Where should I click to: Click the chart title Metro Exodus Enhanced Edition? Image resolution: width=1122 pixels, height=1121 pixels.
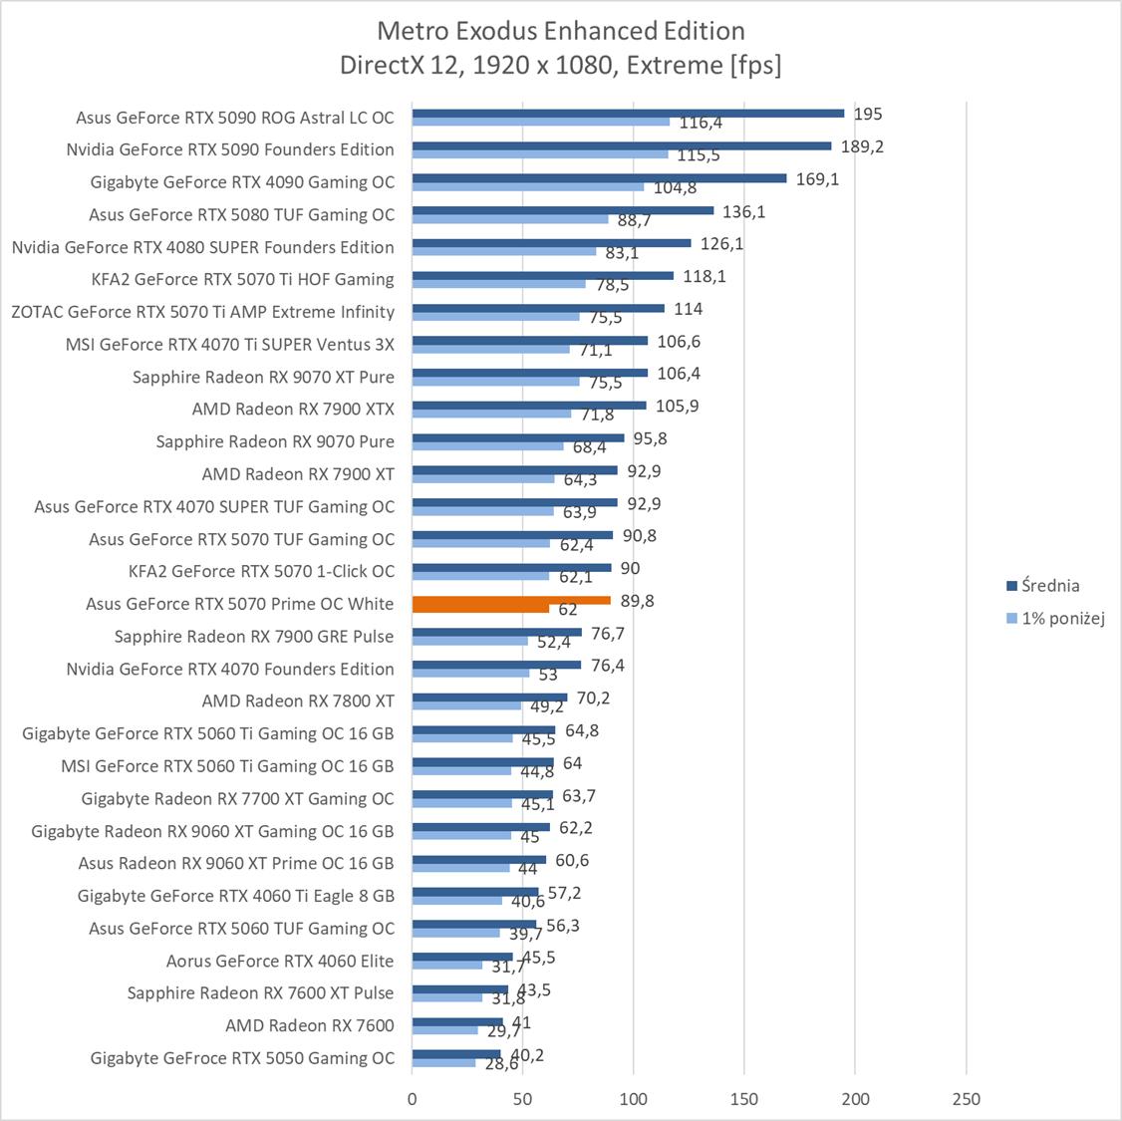tap(560, 31)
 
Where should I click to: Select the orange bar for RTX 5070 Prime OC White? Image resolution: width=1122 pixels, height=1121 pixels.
tap(510, 601)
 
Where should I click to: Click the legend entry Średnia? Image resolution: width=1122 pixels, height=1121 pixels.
tap(1049, 586)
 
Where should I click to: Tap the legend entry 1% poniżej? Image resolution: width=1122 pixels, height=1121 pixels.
tap(1063, 618)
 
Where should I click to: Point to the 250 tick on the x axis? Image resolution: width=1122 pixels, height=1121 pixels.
tap(966, 1099)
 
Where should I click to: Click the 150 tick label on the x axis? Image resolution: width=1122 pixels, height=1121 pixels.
tap(744, 1099)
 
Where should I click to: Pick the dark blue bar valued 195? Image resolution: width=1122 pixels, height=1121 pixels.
tap(628, 114)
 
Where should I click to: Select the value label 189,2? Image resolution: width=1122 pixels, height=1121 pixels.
tap(863, 146)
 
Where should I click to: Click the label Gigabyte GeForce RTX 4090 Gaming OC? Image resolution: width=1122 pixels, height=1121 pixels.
tap(242, 182)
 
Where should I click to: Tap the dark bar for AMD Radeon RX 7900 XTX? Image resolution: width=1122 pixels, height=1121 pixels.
tap(529, 406)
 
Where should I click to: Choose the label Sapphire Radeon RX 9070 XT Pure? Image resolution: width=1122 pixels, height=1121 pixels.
tap(263, 377)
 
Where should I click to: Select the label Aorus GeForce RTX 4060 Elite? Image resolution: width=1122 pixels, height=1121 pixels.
tap(280, 961)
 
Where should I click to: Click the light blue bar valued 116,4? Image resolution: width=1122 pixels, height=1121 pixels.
tap(541, 122)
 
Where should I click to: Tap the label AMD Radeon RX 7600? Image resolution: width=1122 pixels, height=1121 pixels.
tap(310, 1025)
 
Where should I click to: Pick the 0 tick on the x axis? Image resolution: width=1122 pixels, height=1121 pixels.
tap(413, 1099)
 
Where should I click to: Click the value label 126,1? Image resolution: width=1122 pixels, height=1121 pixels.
tap(722, 244)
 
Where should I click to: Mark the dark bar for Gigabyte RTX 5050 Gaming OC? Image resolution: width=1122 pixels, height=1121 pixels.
tap(456, 1054)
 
